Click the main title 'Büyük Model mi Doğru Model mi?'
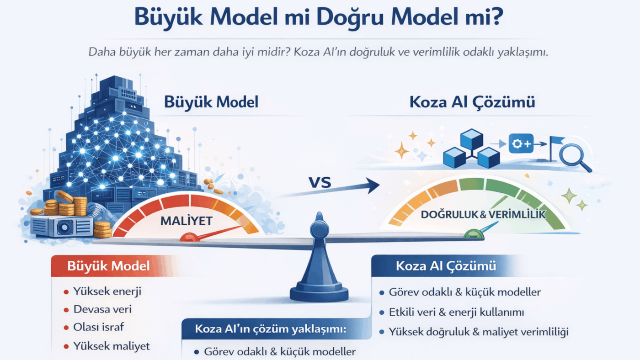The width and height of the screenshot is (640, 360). click(x=319, y=17)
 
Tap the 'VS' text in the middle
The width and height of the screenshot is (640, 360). click(x=320, y=182)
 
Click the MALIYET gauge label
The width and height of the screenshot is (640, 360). click(x=187, y=221)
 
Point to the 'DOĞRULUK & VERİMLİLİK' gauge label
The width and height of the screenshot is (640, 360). click(x=483, y=214)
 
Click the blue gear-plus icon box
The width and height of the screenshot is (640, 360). click(x=521, y=143)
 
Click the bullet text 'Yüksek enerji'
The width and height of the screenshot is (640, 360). click(x=107, y=291)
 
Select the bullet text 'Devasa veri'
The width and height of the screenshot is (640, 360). click(x=102, y=309)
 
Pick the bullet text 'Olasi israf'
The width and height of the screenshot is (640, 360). click(x=99, y=327)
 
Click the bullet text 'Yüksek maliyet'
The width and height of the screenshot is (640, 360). click(x=112, y=346)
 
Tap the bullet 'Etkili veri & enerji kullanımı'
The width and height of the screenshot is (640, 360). click(x=456, y=312)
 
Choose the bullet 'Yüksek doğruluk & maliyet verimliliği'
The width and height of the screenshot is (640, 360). click(x=479, y=332)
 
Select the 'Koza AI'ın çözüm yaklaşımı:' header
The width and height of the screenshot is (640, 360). click(x=270, y=329)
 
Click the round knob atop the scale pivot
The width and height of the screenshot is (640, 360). click(x=320, y=229)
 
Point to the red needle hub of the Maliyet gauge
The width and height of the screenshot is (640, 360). click(x=189, y=237)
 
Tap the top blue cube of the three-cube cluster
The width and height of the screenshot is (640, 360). click(x=472, y=139)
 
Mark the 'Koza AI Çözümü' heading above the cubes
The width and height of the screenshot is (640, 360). click(x=472, y=102)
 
